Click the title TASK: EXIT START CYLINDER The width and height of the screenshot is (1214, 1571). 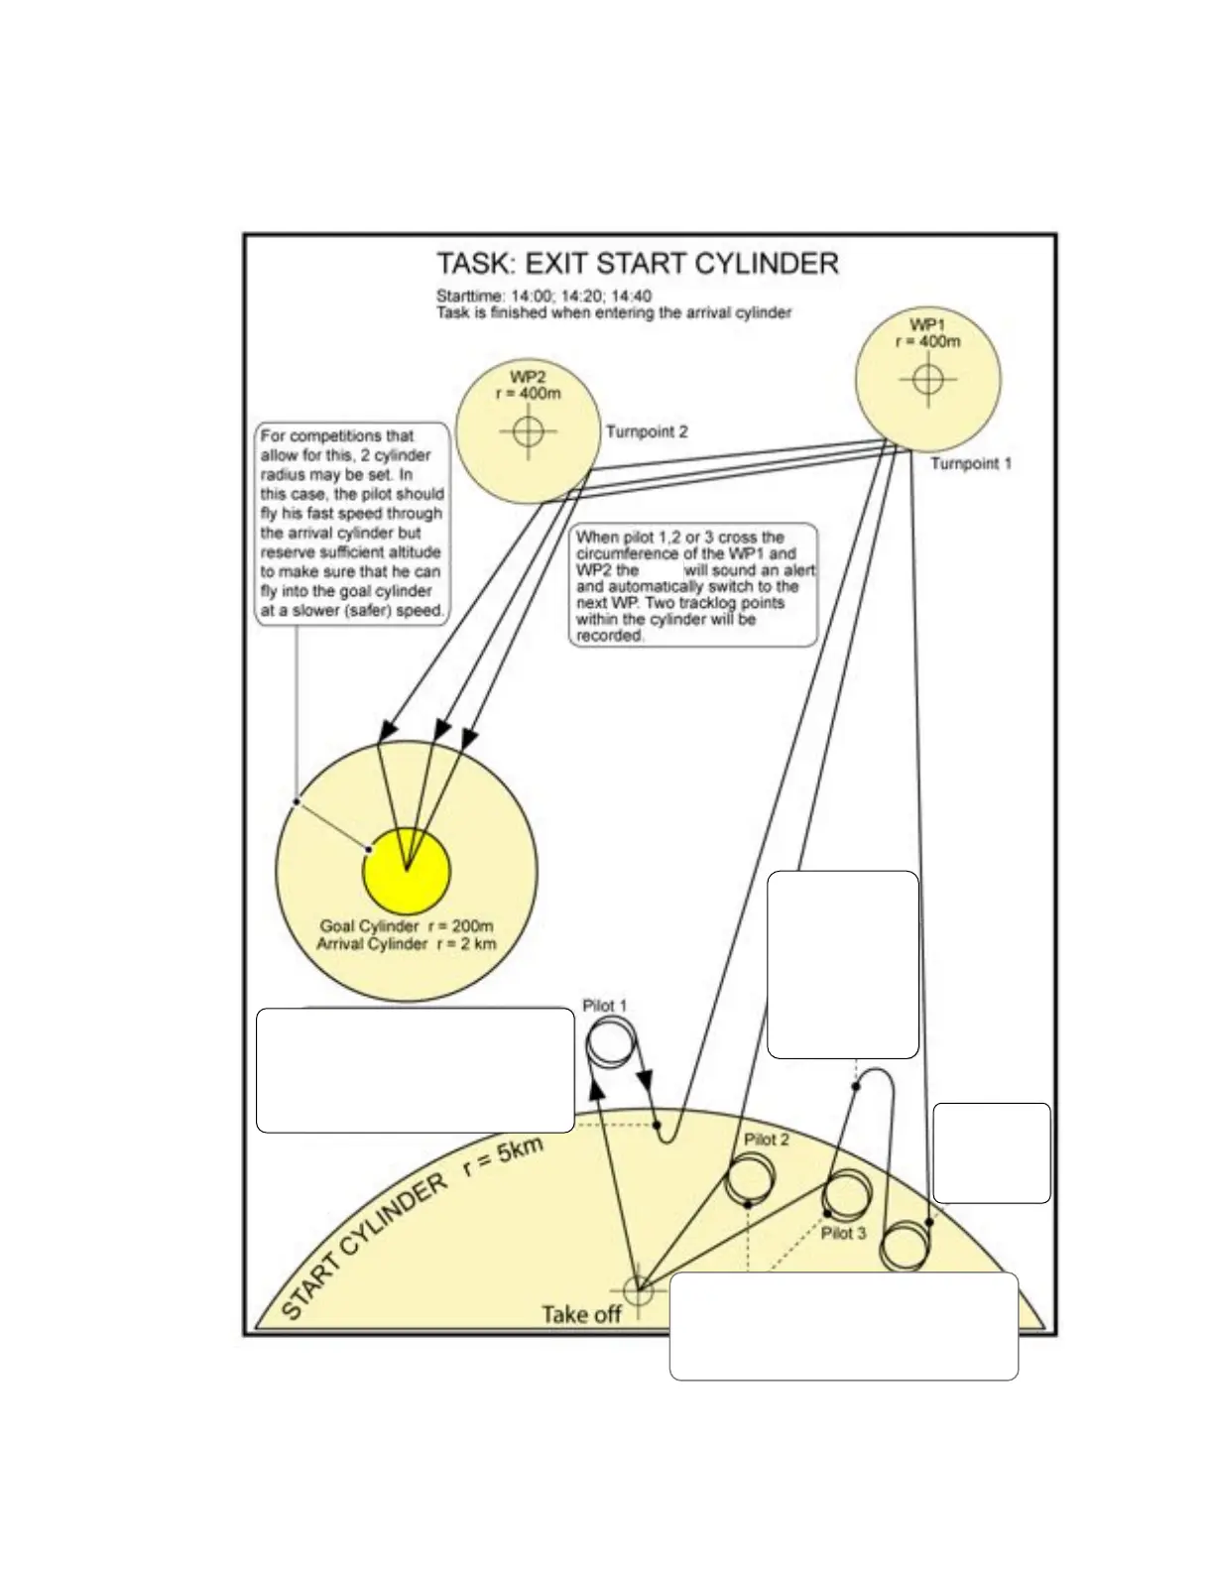click(638, 264)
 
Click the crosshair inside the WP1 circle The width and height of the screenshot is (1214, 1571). click(927, 379)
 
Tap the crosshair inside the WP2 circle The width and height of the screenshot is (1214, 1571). click(528, 431)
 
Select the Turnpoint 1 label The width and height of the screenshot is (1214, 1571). click(971, 463)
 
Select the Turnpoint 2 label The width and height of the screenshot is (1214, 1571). click(647, 431)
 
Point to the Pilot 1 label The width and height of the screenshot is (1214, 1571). click(604, 1006)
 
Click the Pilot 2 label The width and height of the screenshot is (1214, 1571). click(767, 1140)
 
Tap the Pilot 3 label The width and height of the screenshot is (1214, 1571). click(843, 1233)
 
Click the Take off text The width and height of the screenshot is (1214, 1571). click(581, 1314)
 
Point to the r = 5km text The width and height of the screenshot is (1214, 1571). click(503, 1156)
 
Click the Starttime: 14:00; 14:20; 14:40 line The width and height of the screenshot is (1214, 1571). click(544, 296)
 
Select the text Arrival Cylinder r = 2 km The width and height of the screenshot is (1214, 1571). click(406, 943)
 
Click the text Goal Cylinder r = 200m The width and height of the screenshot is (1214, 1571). click(406, 926)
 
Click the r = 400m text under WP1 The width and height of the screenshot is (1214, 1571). click(927, 341)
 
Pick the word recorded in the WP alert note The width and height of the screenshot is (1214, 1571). click(610, 635)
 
